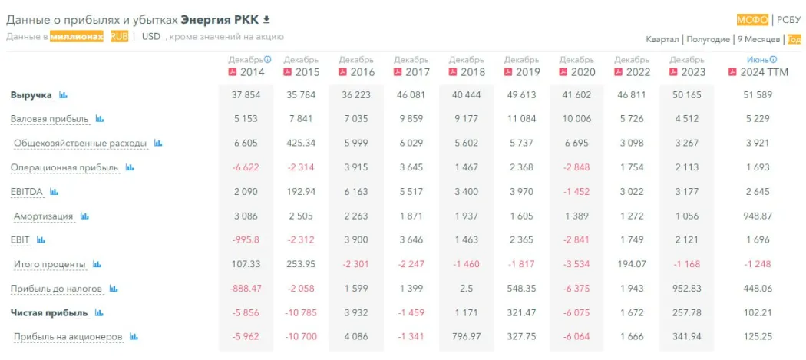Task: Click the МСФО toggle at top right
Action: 752,20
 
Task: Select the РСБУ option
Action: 788,20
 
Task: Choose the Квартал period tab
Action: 662,39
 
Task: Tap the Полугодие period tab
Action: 708,39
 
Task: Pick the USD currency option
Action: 151,36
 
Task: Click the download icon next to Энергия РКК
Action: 266,19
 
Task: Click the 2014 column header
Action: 252,72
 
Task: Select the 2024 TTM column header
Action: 762,72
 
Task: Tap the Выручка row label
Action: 31,95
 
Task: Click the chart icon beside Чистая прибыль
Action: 99,313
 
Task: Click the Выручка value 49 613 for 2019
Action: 522,95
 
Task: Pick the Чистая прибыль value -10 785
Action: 300,313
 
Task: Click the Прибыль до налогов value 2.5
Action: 467,289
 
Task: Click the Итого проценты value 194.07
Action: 633,265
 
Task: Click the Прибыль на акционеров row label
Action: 68,337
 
